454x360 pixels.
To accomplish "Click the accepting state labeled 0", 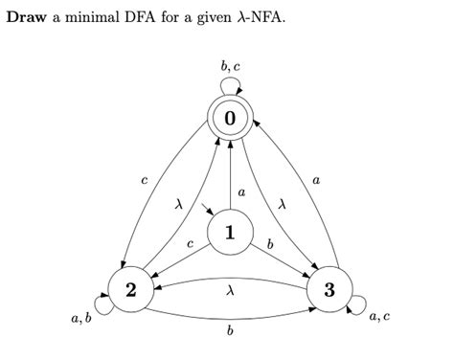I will (230, 118).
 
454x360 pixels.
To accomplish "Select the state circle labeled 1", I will (230, 233).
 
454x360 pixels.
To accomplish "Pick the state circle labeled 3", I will (329, 290).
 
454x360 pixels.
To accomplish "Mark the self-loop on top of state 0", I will (230, 85).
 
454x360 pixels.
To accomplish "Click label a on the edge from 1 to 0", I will (240, 191).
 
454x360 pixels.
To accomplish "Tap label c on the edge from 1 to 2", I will (190, 246).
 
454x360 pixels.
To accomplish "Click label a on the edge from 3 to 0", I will (317, 178).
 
